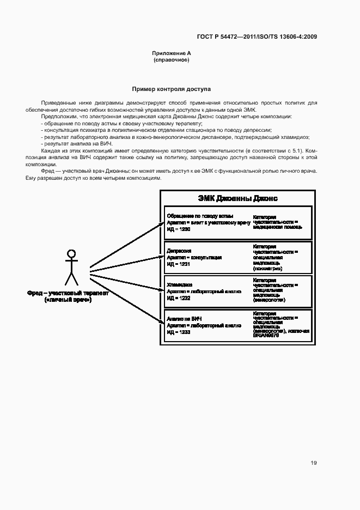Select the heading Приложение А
pos(171,53)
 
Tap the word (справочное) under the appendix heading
pos(171,60)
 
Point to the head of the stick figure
pos(70,253)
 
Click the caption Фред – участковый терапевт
pos(68,293)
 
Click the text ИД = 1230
pos(179,229)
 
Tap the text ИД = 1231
pos(179,264)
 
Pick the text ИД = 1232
pos(179,298)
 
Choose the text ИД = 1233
pos(179,332)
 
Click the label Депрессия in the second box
pos(179,251)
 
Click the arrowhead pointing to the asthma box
pos(161,224)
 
